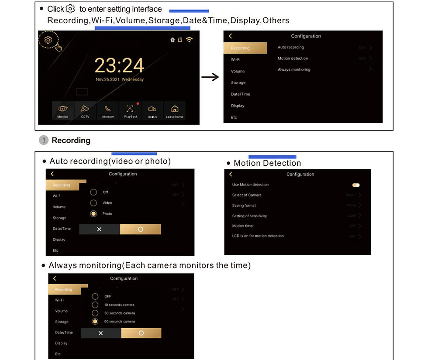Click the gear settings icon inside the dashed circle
click(x=48, y=40)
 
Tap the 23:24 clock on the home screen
click(x=119, y=65)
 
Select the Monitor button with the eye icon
click(x=63, y=110)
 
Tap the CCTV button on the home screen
click(x=85, y=110)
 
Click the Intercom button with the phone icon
click(x=107, y=110)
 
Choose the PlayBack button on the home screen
click(x=130, y=110)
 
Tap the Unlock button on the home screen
click(x=152, y=110)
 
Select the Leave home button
click(x=175, y=110)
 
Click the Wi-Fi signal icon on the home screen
click(x=189, y=40)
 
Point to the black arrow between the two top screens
click(x=210, y=77)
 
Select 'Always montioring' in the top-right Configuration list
click(x=294, y=69)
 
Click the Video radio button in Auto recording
click(x=93, y=203)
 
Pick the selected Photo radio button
click(x=93, y=214)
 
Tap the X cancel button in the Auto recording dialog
click(x=99, y=229)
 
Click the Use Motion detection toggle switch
click(x=356, y=185)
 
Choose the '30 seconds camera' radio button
click(x=95, y=313)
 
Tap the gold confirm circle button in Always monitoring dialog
click(x=141, y=333)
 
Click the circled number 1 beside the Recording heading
click(x=43, y=141)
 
